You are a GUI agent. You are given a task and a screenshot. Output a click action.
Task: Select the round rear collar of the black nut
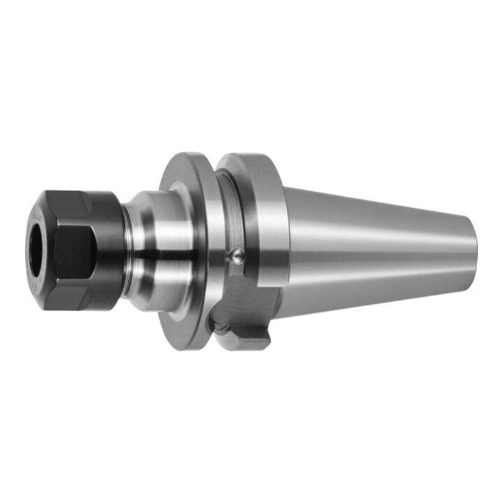click(x=108, y=248)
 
